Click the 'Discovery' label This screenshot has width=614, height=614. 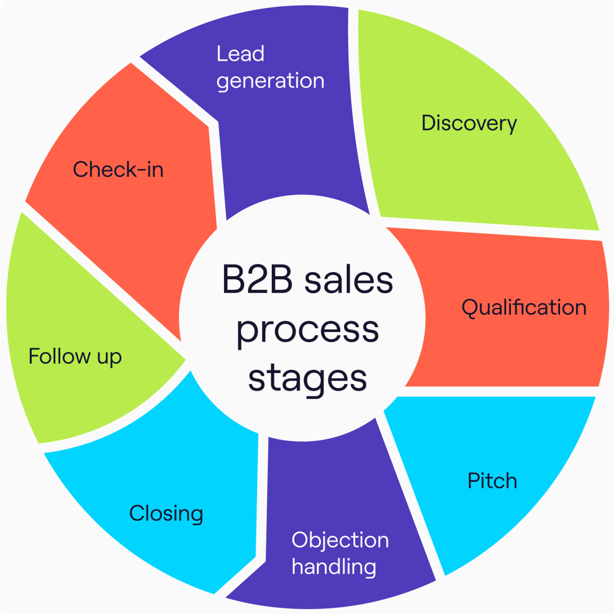click(469, 123)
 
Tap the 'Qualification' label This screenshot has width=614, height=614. click(523, 307)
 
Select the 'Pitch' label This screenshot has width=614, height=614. click(492, 481)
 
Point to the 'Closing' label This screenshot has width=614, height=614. click(166, 513)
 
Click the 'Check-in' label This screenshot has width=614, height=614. click(118, 169)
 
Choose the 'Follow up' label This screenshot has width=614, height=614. click(75, 356)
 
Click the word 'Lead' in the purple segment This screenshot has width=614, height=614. click(240, 54)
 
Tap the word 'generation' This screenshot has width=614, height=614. click(270, 81)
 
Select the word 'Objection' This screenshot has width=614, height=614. click(340, 540)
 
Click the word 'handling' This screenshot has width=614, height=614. click(333, 566)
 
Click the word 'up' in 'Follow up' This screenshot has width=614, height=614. click(108, 358)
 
